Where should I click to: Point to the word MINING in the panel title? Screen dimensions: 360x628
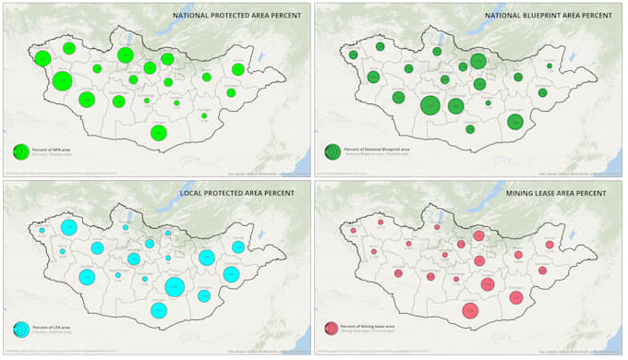point(524,193)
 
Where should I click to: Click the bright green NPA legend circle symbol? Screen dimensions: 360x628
point(19,151)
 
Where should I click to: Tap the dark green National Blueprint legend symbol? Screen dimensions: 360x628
point(332,150)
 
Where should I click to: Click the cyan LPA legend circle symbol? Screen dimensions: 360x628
point(19,328)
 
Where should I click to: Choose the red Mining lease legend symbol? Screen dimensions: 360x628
point(332,328)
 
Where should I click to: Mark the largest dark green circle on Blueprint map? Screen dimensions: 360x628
point(430,105)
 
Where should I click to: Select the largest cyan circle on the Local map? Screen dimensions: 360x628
point(175,286)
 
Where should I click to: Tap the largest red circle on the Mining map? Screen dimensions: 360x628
point(470,311)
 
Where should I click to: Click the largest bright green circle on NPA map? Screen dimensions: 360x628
point(62,81)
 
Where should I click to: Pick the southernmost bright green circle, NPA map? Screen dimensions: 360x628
point(159,133)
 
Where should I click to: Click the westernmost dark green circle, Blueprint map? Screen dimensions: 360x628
point(353,55)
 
